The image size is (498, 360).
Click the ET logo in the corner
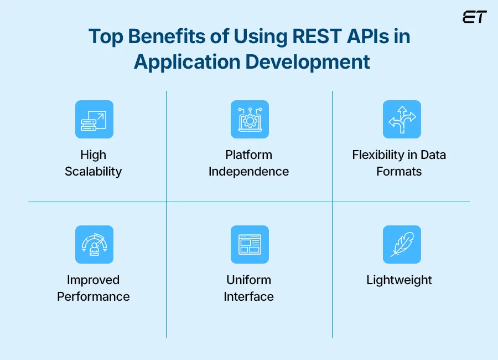[x=474, y=17]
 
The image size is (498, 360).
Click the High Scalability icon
[x=94, y=119]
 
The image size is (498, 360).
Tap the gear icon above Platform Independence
[x=249, y=119]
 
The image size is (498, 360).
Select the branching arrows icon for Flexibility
[x=401, y=119]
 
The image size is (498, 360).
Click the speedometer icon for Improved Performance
[x=94, y=244]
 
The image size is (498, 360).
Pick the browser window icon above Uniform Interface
[x=249, y=244]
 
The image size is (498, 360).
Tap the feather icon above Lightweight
[x=401, y=244]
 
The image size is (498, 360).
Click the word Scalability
[x=93, y=172]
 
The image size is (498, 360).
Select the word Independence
[x=248, y=172]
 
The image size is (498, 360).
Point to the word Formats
[x=399, y=172]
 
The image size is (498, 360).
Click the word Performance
[x=93, y=297]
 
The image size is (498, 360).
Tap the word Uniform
[x=248, y=280]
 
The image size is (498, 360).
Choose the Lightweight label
[x=399, y=280]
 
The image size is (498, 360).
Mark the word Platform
[x=248, y=155]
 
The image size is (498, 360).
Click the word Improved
[x=93, y=280]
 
